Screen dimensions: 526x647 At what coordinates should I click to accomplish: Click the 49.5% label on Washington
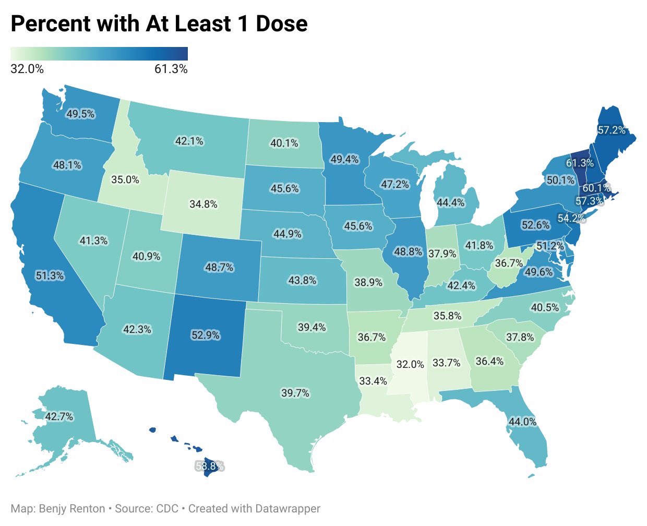[80, 113]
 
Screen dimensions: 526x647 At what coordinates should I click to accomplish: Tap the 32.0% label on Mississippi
[410, 364]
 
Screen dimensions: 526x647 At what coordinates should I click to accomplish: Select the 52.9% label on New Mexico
[205, 335]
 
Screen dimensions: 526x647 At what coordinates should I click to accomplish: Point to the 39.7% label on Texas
[295, 393]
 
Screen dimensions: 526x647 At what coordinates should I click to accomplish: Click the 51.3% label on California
[50, 276]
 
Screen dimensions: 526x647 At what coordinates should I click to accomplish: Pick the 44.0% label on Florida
[522, 421]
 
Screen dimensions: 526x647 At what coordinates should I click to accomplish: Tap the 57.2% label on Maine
[611, 130]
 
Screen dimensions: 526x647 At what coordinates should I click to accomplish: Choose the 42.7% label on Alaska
[59, 416]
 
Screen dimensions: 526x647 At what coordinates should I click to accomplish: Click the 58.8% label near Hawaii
[209, 465]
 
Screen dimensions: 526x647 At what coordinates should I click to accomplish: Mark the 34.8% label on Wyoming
[203, 204]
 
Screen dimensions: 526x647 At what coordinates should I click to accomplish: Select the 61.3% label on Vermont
[579, 163]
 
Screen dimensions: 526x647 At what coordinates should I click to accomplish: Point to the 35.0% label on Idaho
[125, 180]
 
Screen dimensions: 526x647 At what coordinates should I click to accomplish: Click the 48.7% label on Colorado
[219, 267]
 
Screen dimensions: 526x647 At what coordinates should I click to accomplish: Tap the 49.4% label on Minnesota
[344, 159]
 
